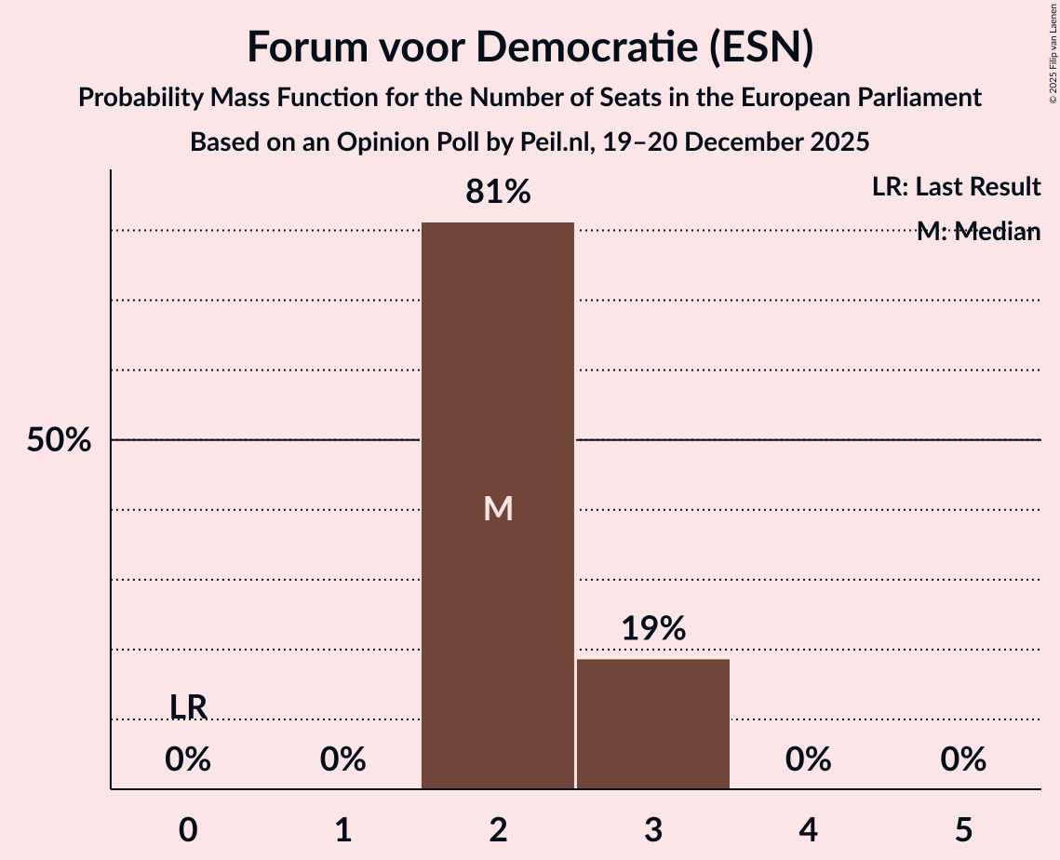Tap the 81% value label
[x=498, y=193]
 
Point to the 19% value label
[x=653, y=628]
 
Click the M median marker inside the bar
[x=498, y=508]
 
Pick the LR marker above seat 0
[x=188, y=706]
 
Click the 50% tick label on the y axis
[x=59, y=440]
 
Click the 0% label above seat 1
[x=343, y=760]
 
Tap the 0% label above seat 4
[x=808, y=760]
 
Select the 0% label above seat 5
[x=963, y=760]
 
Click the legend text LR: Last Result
[x=956, y=187]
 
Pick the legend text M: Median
[x=978, y=232]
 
